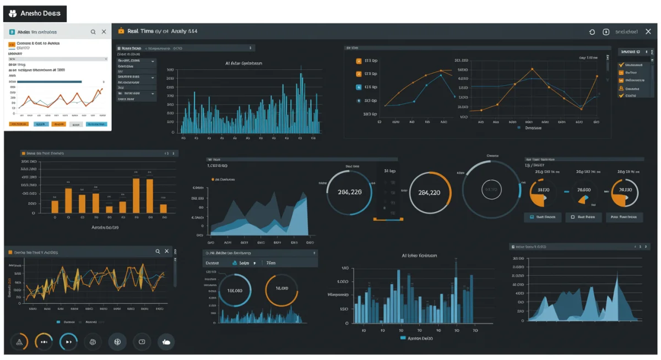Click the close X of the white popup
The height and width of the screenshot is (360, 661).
pyautogui.click(x=104, y=32)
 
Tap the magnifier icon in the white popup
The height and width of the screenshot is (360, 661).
pyautogui.click(x=93, y=32)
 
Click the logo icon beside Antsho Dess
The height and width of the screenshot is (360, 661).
pyautogui.click(x=13, y=13)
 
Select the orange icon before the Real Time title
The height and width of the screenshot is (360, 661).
pyautogui.click(x=121, y=31)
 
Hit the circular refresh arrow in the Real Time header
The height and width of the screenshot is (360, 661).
pyautogui.click(x=592, y=32)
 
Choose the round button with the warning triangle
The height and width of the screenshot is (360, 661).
pyautogui.click(x=20, y=342)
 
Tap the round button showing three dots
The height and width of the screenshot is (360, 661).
pyautogui.click(x=44, y=342)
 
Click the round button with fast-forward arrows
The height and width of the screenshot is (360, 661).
pyautogui.click(x=69, y=342)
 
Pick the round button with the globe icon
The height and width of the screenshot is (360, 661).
pyautogui.click(x=117, y=342)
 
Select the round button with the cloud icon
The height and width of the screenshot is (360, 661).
pyautogui.click(x=166, y=342)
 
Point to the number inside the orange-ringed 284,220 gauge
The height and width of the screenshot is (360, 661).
pyautogui.click(x=430, y=193)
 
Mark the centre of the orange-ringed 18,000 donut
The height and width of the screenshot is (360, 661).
pyautogui.click(x=281, y=288)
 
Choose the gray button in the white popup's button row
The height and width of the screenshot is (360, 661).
pyautogui.click(x=40, y=124)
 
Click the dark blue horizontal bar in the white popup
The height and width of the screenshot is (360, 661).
pyautogui.click(x=50, y=81)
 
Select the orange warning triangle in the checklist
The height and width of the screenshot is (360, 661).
pyautogui.click(x=622, y=88)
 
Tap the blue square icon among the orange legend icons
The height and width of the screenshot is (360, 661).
pyautogui.click(x=359, y=87)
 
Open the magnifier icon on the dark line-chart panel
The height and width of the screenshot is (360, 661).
pyautogui.click(x=158, y=251)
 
